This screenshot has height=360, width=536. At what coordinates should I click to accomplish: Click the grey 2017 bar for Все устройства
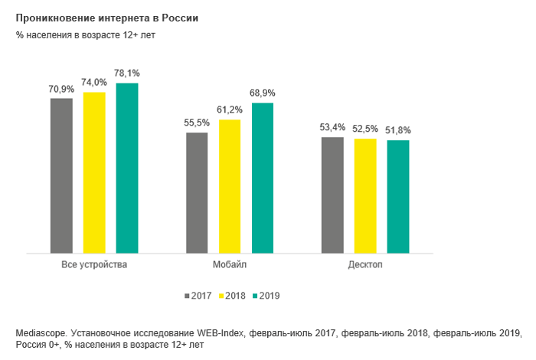point(61,175)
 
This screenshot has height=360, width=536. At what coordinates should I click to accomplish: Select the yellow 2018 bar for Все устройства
point(94,172)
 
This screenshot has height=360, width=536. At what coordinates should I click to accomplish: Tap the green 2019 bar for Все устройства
point(127,168)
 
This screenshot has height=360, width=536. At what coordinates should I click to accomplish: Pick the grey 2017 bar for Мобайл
point(197,192)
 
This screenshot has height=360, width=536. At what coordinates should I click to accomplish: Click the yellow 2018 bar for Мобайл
point(230,186)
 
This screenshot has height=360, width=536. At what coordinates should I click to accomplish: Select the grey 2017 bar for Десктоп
point(332,195)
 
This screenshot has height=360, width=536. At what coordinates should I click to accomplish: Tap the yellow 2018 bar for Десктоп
point(365,195)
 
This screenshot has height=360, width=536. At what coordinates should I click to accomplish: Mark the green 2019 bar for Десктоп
point(398,196)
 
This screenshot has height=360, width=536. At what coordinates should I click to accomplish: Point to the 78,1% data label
point(127,73)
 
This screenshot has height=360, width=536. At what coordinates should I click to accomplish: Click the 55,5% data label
point(197,123)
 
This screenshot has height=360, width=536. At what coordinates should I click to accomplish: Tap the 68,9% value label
point(263,93)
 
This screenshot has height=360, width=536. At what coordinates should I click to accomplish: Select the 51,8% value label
point(398,129)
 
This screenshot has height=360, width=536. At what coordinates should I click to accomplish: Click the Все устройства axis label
point(94,264)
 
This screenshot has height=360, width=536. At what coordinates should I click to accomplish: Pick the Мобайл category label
point(230,264)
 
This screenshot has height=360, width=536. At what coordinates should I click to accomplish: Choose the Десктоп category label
point(365,264)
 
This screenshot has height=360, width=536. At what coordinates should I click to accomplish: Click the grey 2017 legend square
point(187,295)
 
